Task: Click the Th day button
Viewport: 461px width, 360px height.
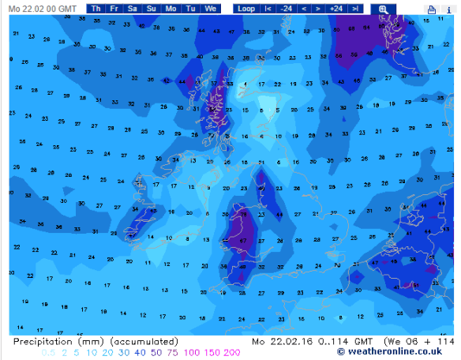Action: tap(96, 8)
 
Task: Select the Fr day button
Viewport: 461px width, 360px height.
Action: tap(114, 8)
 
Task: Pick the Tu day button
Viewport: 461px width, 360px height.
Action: tap(190, 8)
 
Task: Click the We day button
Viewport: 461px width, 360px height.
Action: tap(210, 8)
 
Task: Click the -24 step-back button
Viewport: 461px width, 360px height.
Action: tap(286, 8)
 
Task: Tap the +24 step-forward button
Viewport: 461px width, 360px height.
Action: tap(335, 8)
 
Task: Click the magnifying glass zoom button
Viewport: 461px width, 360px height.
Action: tap(384, 9)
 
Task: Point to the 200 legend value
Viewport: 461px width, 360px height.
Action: tap(231, 352)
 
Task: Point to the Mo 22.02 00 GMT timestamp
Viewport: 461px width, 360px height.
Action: tap(43, 8)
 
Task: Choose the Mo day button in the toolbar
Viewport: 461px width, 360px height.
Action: tap(171, 8)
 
